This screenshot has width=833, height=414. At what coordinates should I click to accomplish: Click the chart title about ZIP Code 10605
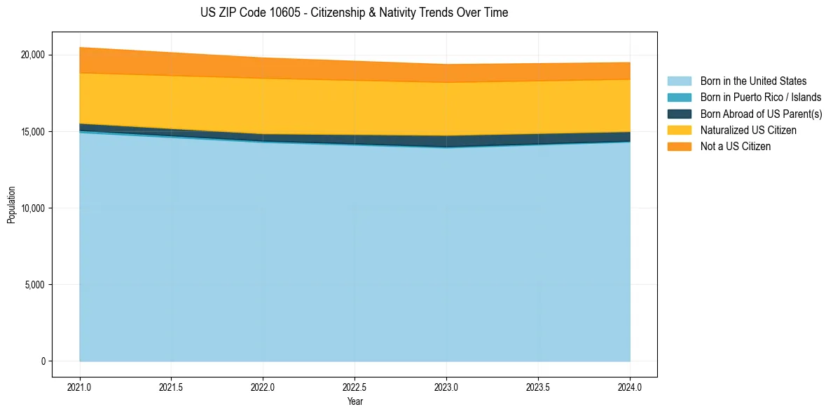pos(354,13)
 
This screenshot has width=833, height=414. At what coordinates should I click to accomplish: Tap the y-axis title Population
pos(11,204)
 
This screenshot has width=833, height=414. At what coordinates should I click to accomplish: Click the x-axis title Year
pos(354,402)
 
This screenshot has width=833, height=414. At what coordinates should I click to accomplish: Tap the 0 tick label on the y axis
pos(42,361)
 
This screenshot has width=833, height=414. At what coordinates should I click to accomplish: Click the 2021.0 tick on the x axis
pos(80,387)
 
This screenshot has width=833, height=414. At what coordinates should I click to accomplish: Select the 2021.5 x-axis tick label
pos(172,387)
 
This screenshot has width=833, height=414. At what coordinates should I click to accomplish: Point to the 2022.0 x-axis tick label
pos(263,387)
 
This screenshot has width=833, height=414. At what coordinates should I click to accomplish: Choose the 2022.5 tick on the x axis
pos(355,387)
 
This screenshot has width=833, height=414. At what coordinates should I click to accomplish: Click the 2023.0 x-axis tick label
pos(446,387)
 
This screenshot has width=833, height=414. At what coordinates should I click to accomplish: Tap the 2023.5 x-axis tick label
pos(538,387)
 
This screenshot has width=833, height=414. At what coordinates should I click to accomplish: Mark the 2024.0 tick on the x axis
pos(630,387)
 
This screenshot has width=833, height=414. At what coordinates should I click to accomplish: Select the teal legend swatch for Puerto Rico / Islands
pos(679,98)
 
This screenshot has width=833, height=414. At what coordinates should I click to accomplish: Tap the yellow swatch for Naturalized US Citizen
pos(679,131)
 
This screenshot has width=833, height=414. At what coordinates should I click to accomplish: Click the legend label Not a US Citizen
pos(736,147)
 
